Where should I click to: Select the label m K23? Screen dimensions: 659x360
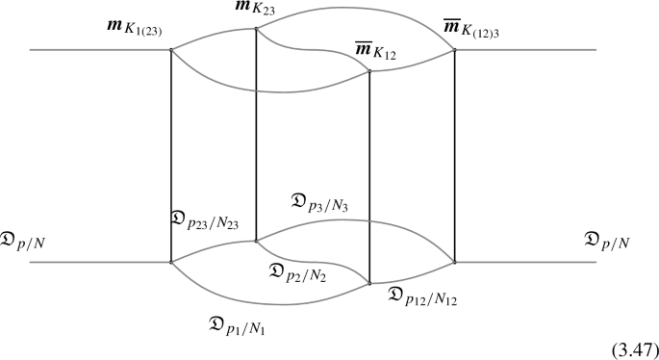coord(256,12)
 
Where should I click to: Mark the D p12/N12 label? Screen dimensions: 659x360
coord(422,295)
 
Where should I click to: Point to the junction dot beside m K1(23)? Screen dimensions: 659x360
coord(171,49)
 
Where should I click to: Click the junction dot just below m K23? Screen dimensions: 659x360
coord(256,29)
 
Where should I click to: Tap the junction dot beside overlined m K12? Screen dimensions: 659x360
coord(370,70)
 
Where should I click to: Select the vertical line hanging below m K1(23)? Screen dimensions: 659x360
coord(171,154)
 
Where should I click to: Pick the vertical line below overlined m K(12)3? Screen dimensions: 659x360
coord(454,154)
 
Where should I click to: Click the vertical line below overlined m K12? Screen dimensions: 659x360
coord(370,173)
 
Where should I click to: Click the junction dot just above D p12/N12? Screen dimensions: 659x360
coord(370,282)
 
